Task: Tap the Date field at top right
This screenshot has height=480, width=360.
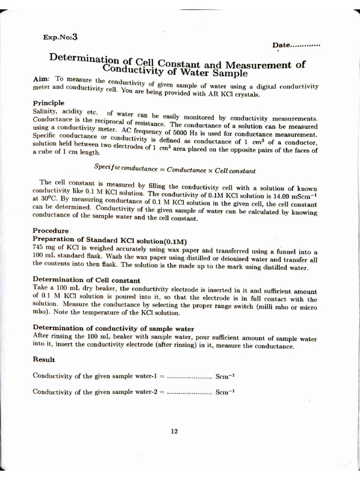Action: tap(296, 45)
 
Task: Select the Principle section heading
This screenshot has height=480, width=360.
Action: tap(48, 103)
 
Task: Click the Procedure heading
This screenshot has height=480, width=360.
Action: tap(50, 231)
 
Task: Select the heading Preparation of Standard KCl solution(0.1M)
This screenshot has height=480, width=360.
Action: tap(110, 240)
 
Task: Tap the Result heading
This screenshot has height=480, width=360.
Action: tap(44, 360)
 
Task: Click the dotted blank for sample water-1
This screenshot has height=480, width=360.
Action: tap(189, 376)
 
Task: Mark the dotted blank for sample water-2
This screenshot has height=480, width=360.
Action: tap(189, 392)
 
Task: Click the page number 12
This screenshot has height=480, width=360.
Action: tap(174, 431)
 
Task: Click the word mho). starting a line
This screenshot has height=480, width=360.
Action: tap(42, 311)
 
